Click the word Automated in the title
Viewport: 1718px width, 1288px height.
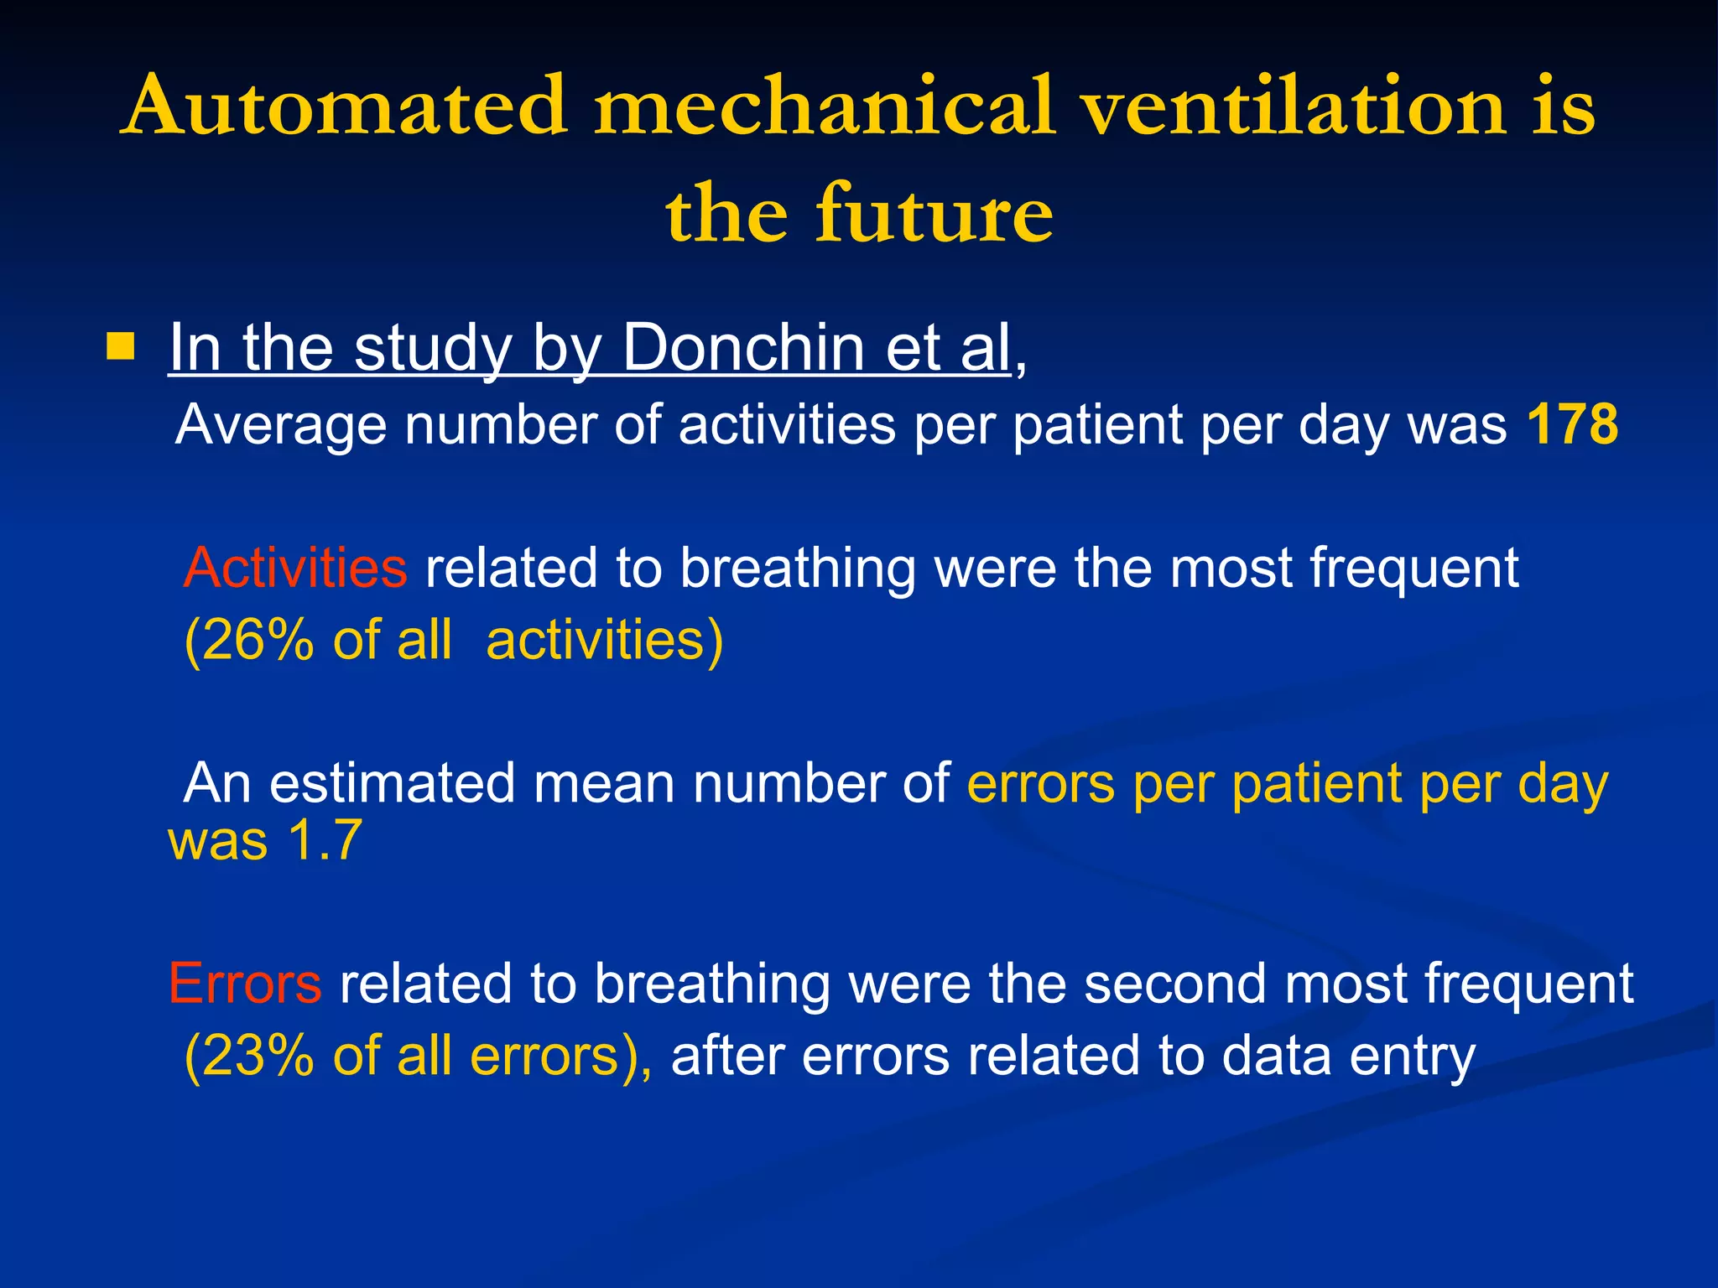(x=345, y=106)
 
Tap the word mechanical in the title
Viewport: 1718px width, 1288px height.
(x=824, y=106)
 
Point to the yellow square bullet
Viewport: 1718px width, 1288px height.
(x=121, y=346)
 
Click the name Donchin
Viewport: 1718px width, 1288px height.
(x=743, y=347)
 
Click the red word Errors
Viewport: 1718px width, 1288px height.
(x=245, y=983)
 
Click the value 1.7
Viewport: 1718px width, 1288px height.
(x=325, y=840)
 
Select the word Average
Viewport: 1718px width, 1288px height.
(x=281, y=425)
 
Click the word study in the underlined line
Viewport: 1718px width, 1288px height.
(x=433, y=347)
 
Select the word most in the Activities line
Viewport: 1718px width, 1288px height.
(x=1231, y=568)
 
